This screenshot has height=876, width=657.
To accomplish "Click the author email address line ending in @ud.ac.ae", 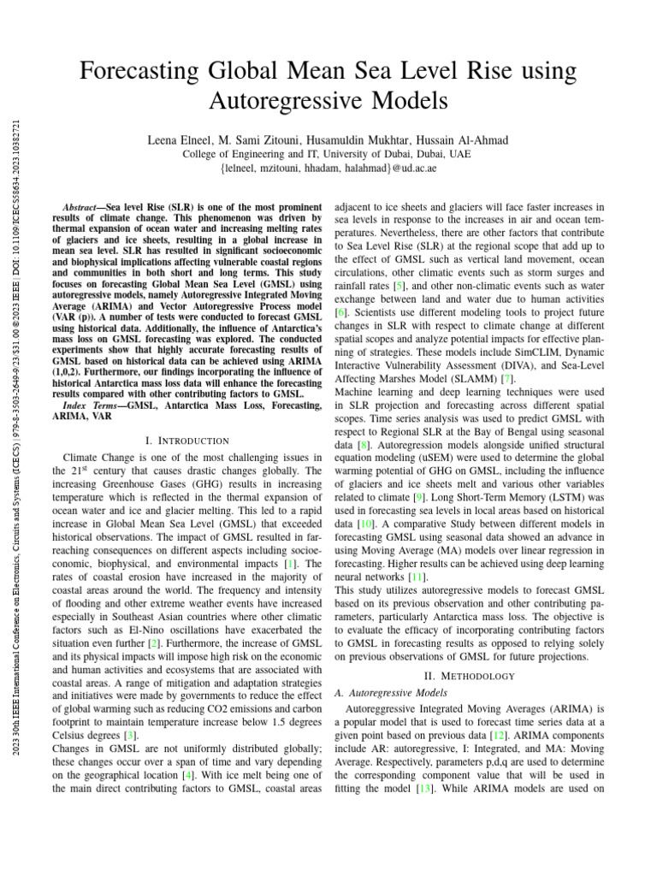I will click(x=328, y=169).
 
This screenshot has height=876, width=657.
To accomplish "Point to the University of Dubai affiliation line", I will click(x=328, y=154).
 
